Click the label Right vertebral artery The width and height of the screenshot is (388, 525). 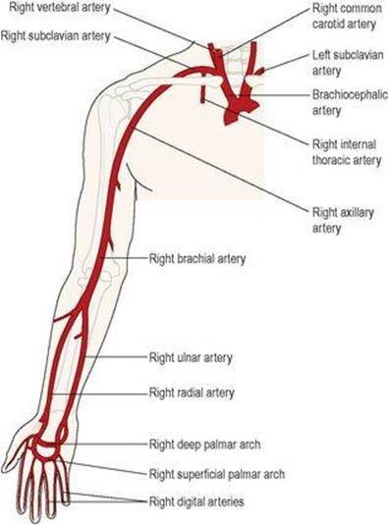[x=60, y=8]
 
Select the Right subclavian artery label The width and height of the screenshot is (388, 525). [x=56, y=35]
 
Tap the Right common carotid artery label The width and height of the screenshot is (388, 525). [x=347, y=16]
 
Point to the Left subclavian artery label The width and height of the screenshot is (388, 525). [x=348, y=63]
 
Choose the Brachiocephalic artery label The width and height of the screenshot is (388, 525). [x=350, y=102]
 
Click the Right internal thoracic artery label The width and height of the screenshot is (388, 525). [x=347, y=152]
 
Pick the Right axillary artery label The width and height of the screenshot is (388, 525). [x=343, y=221]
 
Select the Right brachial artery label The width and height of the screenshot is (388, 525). [x=197, y=258]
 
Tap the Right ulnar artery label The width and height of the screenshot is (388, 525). [x=191, y=357]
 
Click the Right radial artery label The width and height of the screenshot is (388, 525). [x=192, y=393]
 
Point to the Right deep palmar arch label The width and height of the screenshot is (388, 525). [x=204, y=445]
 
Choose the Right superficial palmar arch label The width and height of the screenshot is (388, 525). [x=217, y=474]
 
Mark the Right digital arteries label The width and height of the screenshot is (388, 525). [x=196, y=501]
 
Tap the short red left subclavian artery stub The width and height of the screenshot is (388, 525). [x=259, y=71]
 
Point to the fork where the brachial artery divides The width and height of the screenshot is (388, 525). [x=82, y=305]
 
